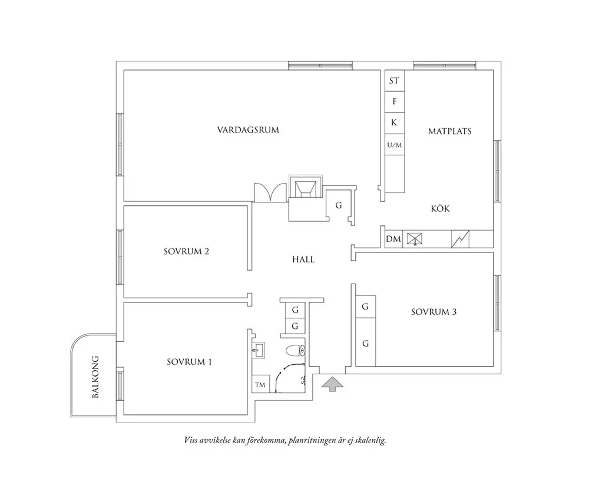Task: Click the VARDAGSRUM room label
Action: (x=248, y=130)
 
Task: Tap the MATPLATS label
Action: (x=449, y=131)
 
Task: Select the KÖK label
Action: (x=440, y=208)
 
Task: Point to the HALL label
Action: (x=303, y=260)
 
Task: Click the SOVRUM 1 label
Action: (x=189, y=362)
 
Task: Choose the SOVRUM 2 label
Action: (x=186, y=251)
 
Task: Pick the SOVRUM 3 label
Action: (x=434, y=312)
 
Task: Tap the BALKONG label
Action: (x=95, y=377)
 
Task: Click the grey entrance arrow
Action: (x=332, y=384)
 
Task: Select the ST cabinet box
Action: (x=395, y=81)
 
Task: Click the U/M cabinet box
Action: (x=395, y=145)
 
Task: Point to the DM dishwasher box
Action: (x=393, y=239)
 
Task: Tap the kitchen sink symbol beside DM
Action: (x=415, y=239)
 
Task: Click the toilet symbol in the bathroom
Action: (x=296, y=351)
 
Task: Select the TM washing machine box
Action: (x=260, y=384)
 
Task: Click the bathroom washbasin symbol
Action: (x=258, y=350)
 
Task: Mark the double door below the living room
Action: (x=270, y=192)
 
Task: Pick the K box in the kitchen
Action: (x=395, y=123)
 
